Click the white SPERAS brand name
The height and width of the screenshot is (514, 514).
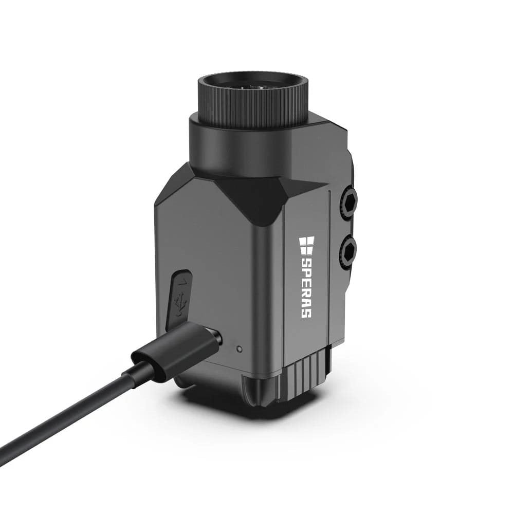[306, 288]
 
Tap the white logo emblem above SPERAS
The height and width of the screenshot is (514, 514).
[306, 245]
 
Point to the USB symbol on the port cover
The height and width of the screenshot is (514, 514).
[180, 304]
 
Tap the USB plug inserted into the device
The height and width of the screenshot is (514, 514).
[177, 347]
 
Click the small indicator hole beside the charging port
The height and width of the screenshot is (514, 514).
[240, 348]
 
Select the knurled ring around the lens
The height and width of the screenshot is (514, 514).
[252, 98]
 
